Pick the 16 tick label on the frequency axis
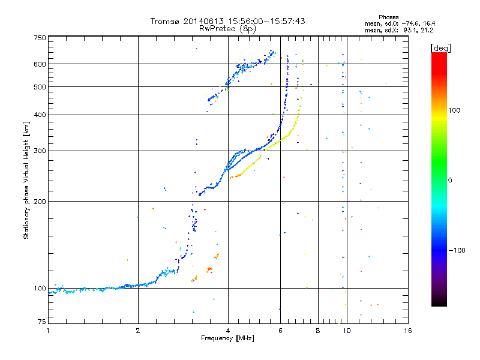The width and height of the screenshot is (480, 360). click(x=407, y=331)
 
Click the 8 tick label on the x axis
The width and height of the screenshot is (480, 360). click(x=318, y=331)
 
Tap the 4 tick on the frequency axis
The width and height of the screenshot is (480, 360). click(x=228, y=331)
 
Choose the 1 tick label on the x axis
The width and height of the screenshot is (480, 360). click(x=48, y=331)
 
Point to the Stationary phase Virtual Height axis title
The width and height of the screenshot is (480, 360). click(x=26, y=180)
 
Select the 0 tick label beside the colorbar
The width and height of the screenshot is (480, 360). click(x=450, y=180)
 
